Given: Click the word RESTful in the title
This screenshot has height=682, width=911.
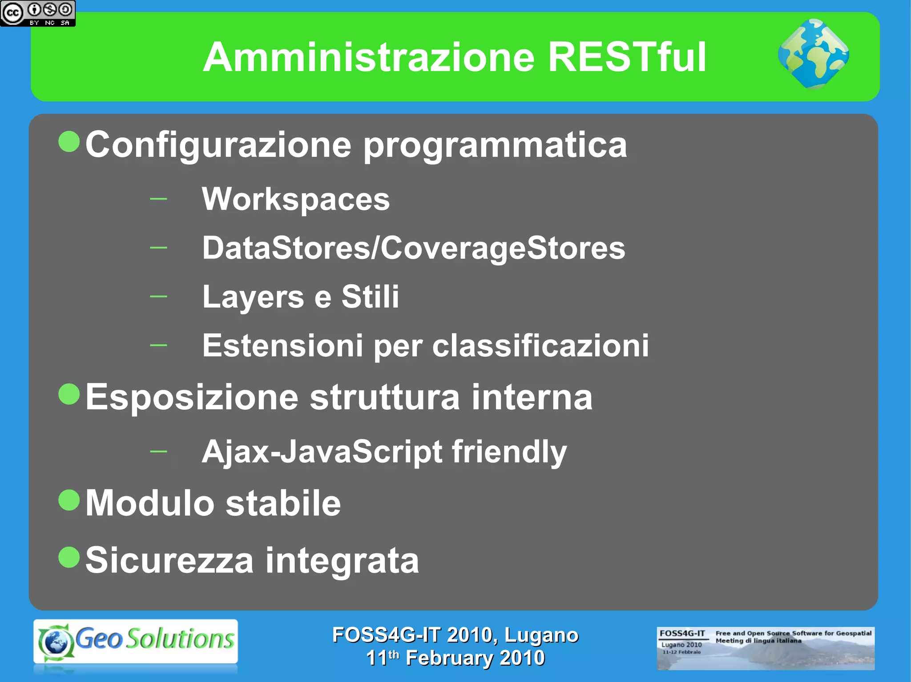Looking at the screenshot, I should [627, 57].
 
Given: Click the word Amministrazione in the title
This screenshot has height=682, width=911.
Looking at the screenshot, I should [369, 57].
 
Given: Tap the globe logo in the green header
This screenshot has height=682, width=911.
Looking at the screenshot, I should [813, 54].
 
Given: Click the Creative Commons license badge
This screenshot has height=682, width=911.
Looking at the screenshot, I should [38, 13].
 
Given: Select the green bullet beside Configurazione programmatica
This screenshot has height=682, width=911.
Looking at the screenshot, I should [69, 142].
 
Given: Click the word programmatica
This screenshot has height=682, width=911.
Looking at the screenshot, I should [495, 145].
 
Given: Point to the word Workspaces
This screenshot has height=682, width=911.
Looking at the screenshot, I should [296, 199].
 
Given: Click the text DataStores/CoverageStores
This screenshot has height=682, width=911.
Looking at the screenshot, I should [414, 248].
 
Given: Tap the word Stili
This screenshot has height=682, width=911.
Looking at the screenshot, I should [370, 296].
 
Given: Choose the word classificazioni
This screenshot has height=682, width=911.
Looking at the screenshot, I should [540, 345].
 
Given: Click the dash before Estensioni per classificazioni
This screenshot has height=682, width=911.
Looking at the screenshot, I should [158, 345].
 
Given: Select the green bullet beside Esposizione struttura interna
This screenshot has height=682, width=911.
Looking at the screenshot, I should [69, 394].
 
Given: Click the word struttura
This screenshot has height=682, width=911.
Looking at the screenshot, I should [385, 397].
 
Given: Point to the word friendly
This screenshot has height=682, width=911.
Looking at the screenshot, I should [509, 452].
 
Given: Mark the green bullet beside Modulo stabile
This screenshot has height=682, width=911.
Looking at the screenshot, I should [69, 500].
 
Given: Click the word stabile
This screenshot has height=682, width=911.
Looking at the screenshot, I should [283, 503].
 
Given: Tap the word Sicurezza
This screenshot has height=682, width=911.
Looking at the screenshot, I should [169, 560].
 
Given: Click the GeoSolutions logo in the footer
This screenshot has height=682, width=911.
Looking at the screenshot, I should [136, 641].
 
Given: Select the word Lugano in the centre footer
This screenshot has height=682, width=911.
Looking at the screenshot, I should [541, 635].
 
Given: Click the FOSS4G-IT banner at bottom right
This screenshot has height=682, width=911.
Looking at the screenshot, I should [765, 648].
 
